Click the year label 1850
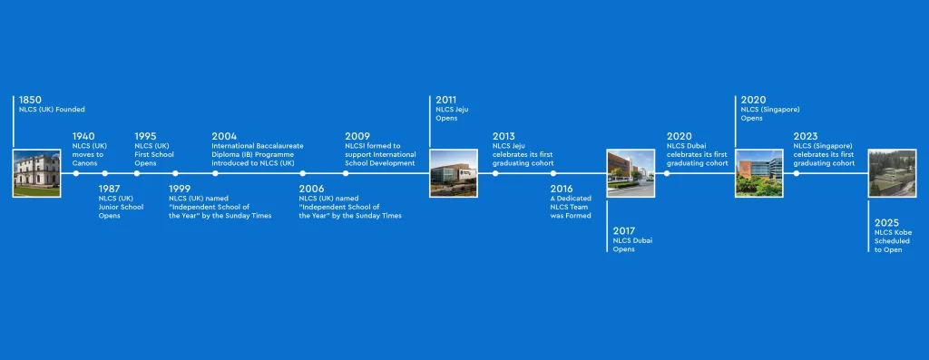30,100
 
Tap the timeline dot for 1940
76,173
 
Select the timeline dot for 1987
105,173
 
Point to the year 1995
145,137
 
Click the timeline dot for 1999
175,173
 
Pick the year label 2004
224,137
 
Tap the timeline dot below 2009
346,173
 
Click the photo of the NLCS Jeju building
454,173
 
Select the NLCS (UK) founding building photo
36,173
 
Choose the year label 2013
504,137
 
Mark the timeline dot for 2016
553,173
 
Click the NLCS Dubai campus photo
631,173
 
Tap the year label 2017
624,231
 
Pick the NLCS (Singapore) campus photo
759,173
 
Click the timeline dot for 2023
797,173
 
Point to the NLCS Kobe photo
892,173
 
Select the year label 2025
886,223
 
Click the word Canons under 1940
84,163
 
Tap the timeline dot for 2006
303,173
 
